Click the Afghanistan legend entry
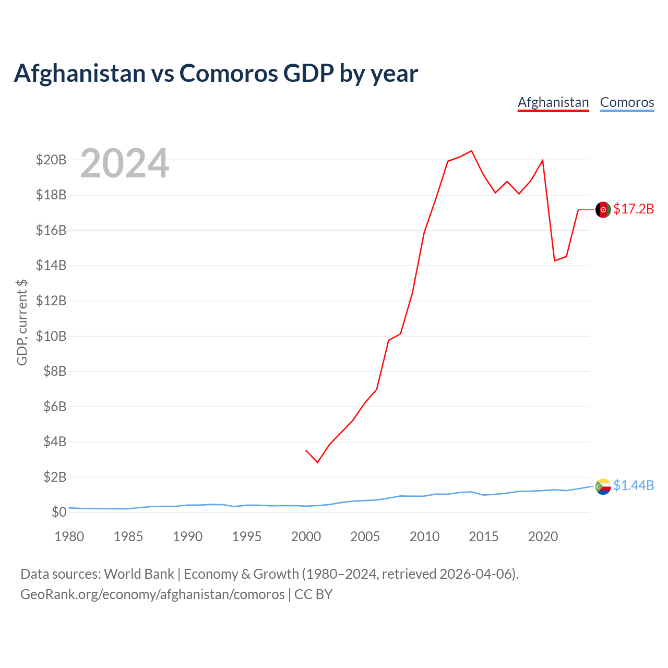coord(553,103)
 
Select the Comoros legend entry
coord(627,103)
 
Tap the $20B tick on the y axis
coord(51,160)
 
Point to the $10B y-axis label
coord(51,336)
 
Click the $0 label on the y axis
coord(59,512)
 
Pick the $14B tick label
coord(51,266)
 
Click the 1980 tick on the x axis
coord(69,536)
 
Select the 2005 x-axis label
coord(365,536)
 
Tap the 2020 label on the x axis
coord(543,536)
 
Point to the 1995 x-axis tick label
coord(246,536)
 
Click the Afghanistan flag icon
coord(603,210)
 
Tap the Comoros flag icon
coord(603,487)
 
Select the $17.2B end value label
coord(634,209)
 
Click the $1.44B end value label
coord(634,486)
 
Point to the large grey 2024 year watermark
coord(125,163)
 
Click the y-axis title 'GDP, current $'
coord(22,323)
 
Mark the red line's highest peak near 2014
coord(471,151)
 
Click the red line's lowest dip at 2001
coord(317,462)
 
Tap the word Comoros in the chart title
coord(229,73)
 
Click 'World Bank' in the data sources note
coord(139,575)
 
